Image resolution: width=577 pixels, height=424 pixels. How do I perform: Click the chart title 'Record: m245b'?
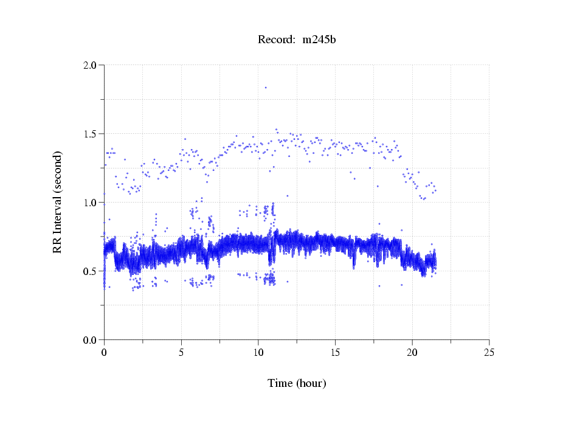tap(297, 40)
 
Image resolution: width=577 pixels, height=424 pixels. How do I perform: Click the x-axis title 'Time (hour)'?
tap(297, 383)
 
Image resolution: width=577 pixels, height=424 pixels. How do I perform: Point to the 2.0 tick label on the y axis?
tap(91, 65)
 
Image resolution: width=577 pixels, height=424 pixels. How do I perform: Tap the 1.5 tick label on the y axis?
tap(91, 134)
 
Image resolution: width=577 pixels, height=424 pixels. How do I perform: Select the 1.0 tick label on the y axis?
tap(91, 203)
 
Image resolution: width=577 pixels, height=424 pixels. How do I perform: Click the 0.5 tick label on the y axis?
tap(91, 271)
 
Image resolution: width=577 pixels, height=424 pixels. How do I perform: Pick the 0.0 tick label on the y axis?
tap(91, 340)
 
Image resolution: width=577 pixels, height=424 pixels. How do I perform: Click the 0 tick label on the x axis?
tap(104, 352)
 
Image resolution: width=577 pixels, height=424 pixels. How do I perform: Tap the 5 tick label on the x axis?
tap(181, 352)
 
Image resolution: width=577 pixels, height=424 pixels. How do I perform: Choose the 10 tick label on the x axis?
tap(258, 352)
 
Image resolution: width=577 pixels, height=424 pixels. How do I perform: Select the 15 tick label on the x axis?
tap(335, 352)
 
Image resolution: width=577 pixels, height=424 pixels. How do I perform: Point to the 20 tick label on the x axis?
tap(412, 352)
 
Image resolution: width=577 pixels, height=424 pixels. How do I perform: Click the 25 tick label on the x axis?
tap(489, 352)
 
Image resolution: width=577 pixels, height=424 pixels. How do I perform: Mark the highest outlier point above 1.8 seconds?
tap(266, 88)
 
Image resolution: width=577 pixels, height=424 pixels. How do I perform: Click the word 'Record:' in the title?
tap(277, 40)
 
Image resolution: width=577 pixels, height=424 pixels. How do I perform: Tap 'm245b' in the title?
tap(319, 40)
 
